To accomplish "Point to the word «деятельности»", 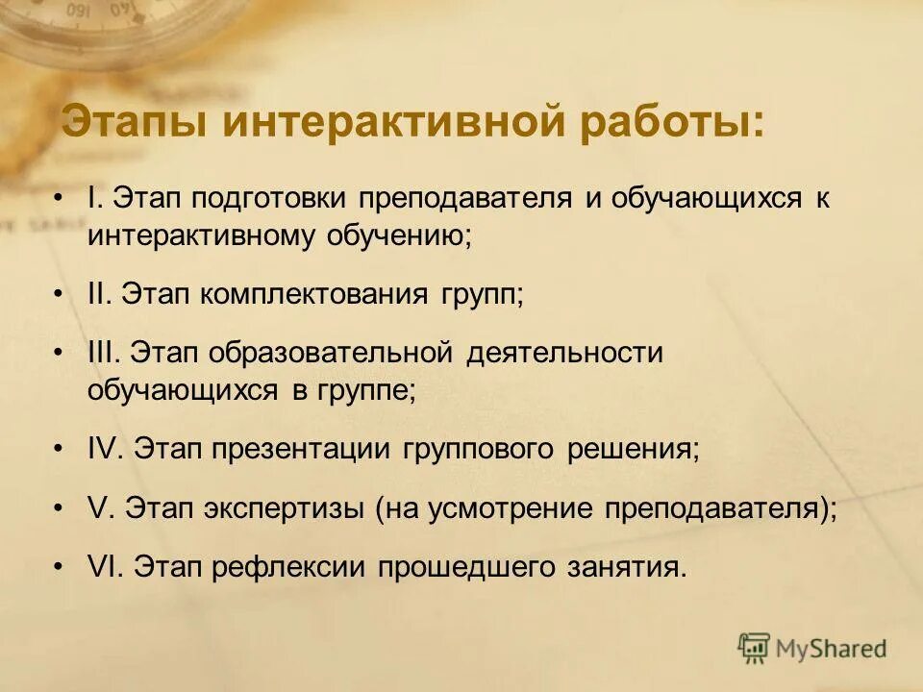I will [565, 353].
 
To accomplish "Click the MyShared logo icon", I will [755, 648].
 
